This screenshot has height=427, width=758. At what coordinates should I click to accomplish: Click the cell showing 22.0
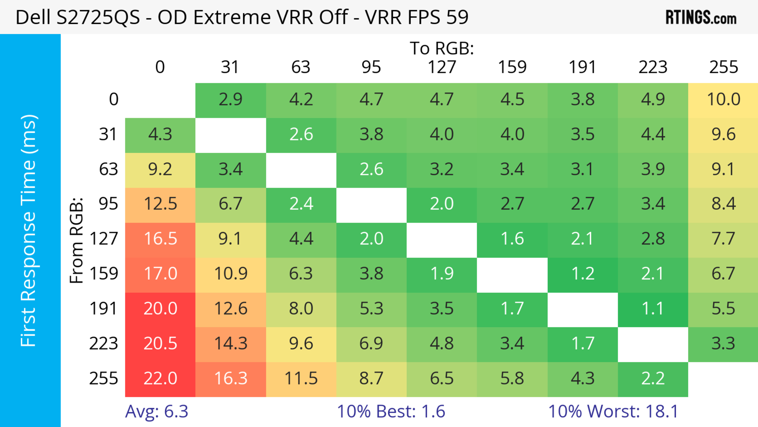coord(160,379)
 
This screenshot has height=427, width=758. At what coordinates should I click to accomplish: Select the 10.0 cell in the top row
coord(723,100)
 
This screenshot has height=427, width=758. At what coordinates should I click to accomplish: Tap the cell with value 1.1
coord(653,309)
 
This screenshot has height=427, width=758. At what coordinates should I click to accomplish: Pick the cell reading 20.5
coord(160,344)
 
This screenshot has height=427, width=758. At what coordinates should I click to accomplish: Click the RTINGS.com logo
coord(701,18)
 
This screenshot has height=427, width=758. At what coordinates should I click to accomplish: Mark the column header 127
coord(442,67)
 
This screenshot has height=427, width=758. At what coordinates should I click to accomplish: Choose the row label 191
coord(104,309)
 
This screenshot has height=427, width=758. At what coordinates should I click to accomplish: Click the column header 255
coord(723,67)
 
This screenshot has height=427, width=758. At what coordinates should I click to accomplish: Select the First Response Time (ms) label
coord(29,230)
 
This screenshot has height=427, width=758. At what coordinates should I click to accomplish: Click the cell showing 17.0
coord(160,274)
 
